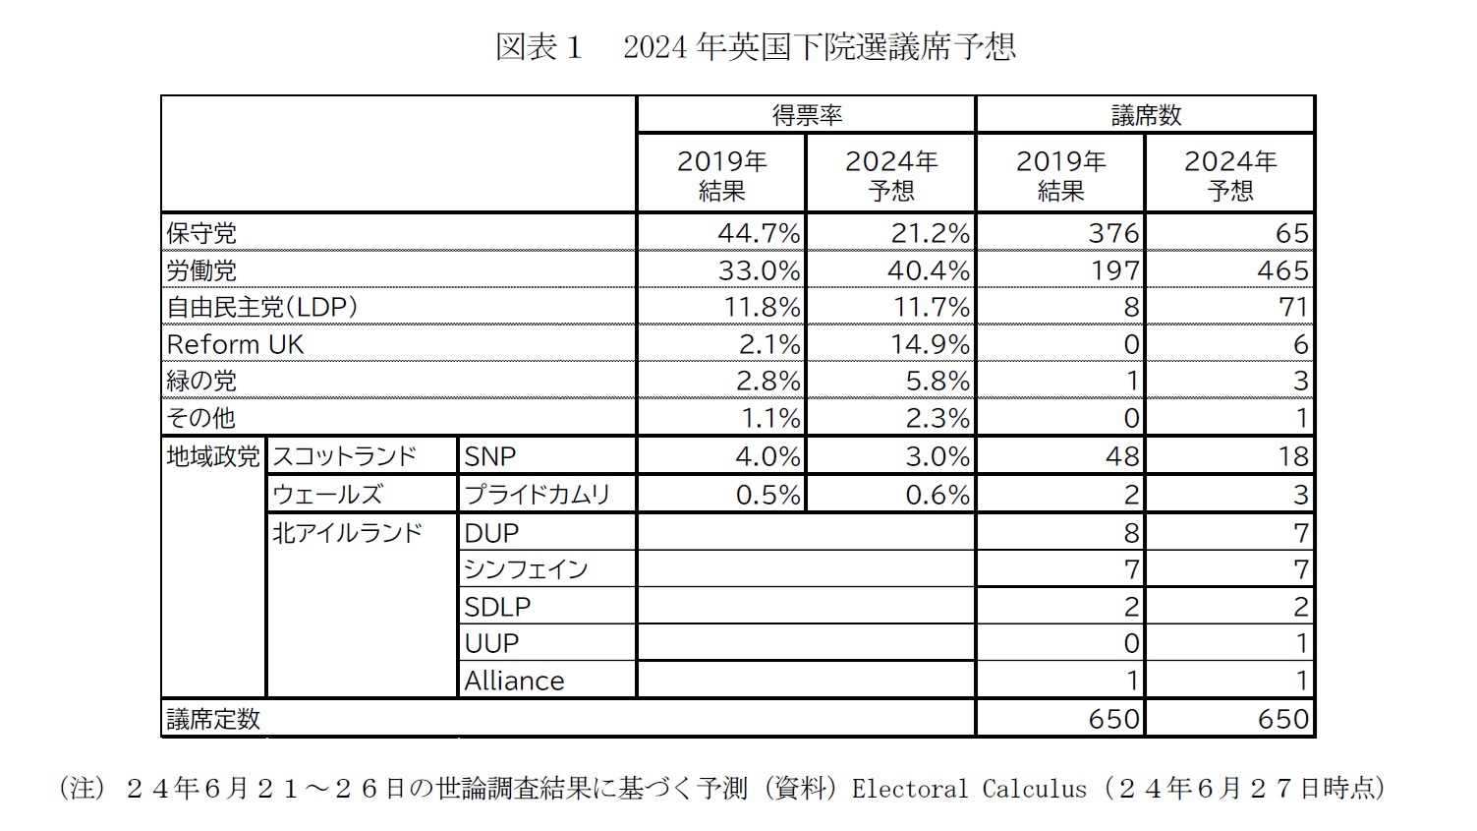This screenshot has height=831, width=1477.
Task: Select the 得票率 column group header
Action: pos(806,115)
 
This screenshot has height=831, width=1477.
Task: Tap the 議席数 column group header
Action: pos(1145,115)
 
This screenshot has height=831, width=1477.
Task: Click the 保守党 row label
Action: pos(201,233)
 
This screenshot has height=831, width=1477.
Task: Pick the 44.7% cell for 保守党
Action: pos(758,233)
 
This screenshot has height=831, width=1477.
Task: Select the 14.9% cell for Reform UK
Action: pos(929,344)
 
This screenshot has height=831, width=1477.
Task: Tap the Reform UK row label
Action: pos(236,344)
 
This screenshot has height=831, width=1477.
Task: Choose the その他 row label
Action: pos(201,418)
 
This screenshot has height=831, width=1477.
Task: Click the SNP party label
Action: pos(489,456)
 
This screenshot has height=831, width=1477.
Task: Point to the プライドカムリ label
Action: pos(537,494)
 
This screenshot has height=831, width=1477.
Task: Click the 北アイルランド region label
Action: pos(346,532)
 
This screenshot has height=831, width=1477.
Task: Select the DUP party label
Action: pos(490,532)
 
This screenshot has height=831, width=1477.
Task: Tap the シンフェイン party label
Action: pos(526,569)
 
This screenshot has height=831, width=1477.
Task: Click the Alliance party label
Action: pos(514,681)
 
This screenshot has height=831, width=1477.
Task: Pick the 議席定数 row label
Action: pos(213,719)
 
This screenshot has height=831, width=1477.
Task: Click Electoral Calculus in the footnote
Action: pos(969,789)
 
